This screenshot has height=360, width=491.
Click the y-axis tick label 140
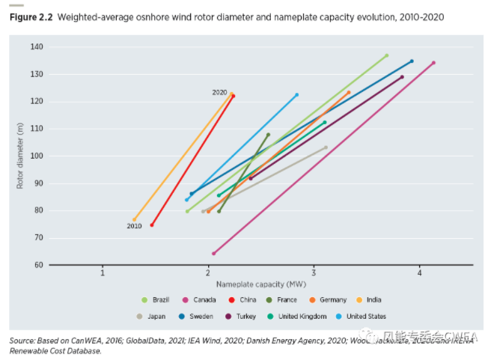pyautogui.click(x=37, y=46)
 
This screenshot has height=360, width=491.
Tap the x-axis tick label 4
pyautogui.click(x=421, y=273)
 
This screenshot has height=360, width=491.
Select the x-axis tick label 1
pyautogui.click(x=103, y=273)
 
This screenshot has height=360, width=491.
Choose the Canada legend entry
pyautogui.click(x=201, y=300)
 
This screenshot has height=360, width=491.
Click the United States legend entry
pyautogui.click(x=365, y=317)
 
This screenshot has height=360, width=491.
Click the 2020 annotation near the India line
pyautogui.click(x=219, y=92)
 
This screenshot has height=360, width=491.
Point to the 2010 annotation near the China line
pyautogui.click(x=134, y=225)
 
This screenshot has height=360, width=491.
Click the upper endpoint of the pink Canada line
pyautogui.click(x=433, y=63)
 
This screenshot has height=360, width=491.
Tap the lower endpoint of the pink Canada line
pyautogui.click(x=213, y=254)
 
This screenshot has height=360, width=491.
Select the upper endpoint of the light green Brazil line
pyautogui.click(x=386, y=55)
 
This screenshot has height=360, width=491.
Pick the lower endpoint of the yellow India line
pyautogui.click(x=135, y=220)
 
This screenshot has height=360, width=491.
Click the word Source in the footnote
pyautogui.click(x=22, y=341)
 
